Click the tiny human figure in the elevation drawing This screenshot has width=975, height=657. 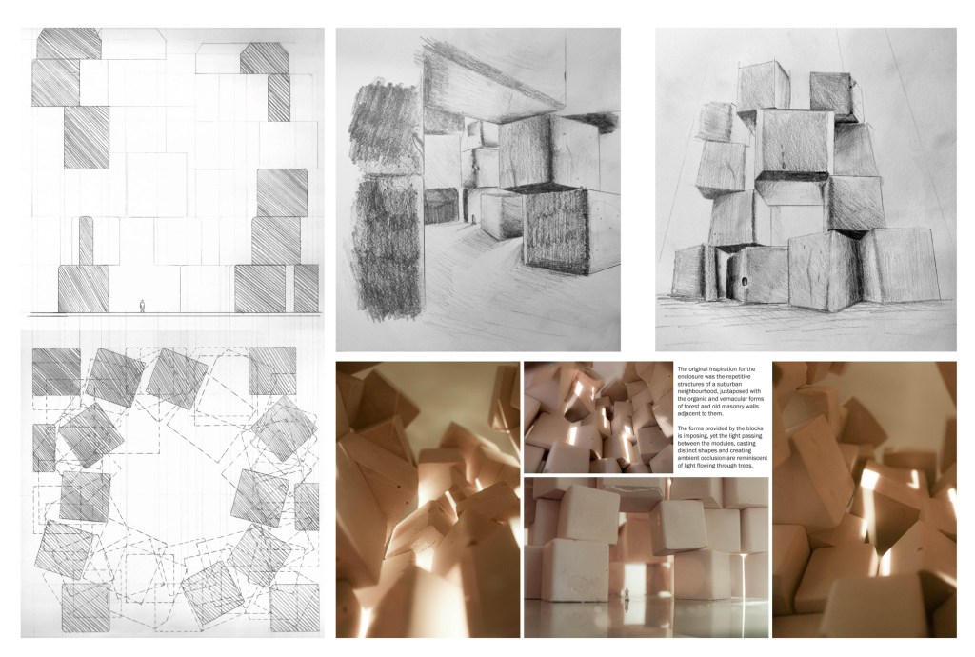pyautogui.click(x=143, y=306)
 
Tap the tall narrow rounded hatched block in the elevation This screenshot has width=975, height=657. pyautogui.click(x=87, y=241)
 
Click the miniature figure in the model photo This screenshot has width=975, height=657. pyautogui.click(x=627, y=594)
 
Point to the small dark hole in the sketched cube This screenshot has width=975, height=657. pyautogui.click(x=744, y=282)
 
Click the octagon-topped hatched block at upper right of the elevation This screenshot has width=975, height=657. pyautogui.click(x=265, y=58)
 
